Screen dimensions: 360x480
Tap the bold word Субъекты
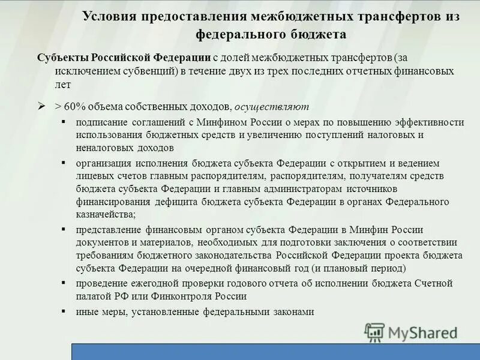(x=62, y=58)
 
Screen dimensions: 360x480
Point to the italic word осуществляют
(x=272, y=107)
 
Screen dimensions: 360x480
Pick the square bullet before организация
(x=64, y=163)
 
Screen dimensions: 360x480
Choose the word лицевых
(x=94, y=176)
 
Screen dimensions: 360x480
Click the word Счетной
(x=431, y=283)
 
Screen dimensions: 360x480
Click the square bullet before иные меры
(x=64, y=311)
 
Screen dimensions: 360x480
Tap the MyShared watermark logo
(x=411, y=331)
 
